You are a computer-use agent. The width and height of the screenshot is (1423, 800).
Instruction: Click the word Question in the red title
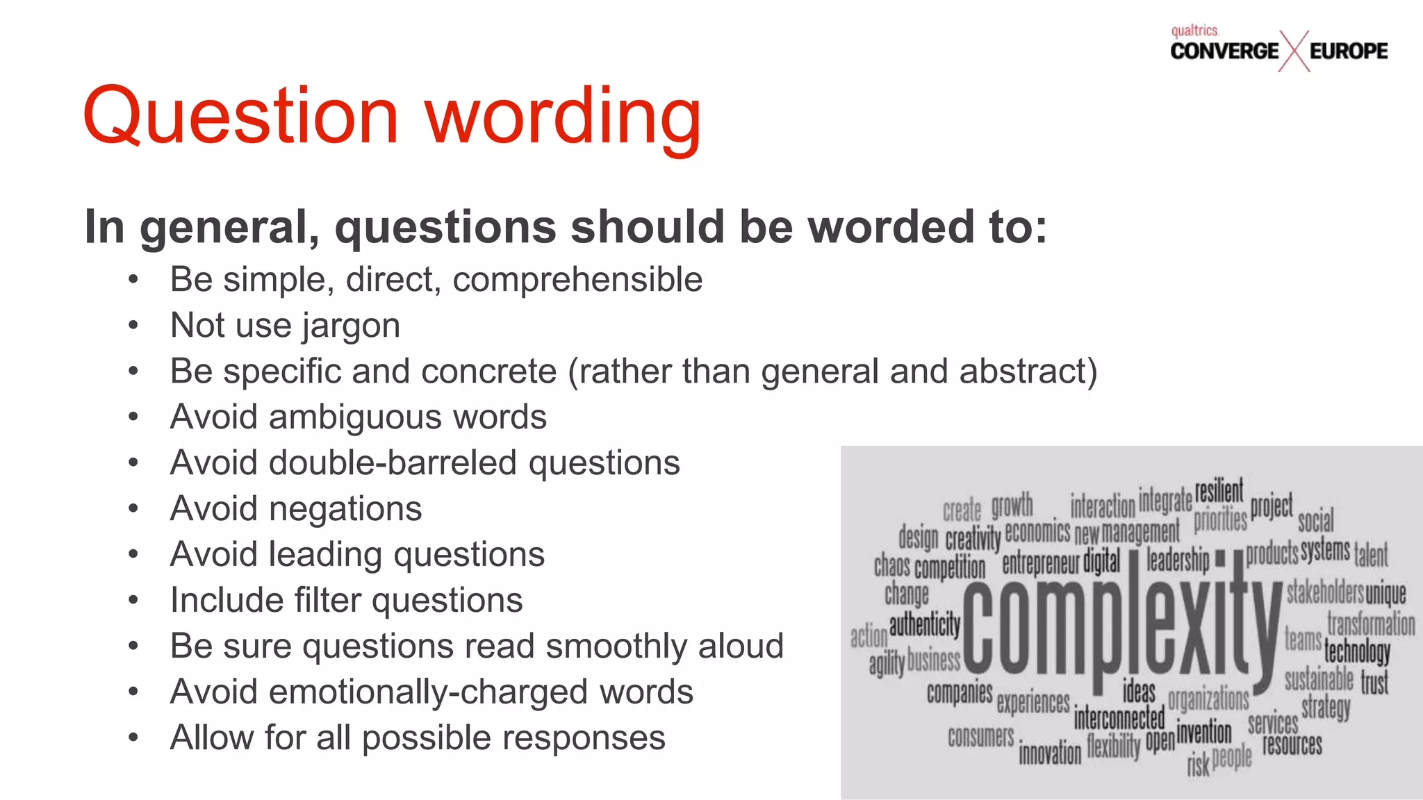tap(240, 117)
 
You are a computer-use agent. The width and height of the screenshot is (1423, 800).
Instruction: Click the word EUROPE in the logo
tap(1349, 51)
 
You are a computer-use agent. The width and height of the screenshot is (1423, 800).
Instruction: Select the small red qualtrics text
tap(1194, 31)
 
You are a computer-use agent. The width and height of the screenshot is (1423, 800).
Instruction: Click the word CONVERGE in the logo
tap(1224, 51)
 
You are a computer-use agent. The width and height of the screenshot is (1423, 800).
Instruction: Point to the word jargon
tap(351, 326)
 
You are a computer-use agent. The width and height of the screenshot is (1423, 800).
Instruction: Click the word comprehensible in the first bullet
tap(577, 280)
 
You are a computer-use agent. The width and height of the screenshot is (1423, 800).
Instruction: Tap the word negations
tap(345, 509)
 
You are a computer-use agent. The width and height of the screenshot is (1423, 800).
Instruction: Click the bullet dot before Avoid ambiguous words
tap(133, 417)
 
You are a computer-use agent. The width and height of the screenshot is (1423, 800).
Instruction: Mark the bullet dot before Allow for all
tap(133, 738)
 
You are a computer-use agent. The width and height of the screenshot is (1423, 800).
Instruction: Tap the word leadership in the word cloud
tap(1178, 558)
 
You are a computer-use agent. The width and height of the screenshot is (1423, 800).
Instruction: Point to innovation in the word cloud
tap(1050, 753)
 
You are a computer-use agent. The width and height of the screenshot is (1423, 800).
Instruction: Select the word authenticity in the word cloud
tap(924, 624)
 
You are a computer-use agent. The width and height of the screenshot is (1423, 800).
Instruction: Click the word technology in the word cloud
tap(1357, 651)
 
